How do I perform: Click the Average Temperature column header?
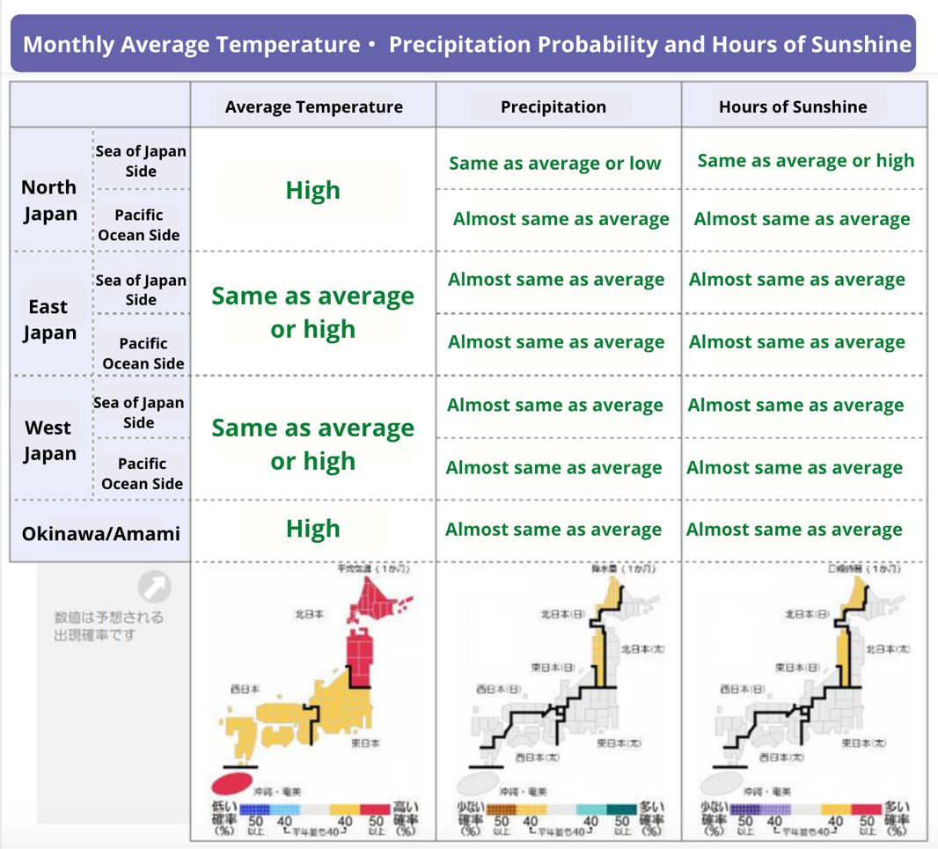tap(313, 106)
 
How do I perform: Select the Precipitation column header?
tap(553, 106)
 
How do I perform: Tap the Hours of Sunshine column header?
tap(792, 106)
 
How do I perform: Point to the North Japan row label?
tap(49, 201)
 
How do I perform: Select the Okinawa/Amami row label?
tap(100, 533)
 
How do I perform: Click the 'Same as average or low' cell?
tap(554, 163)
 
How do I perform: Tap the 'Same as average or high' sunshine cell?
tap(805, 160)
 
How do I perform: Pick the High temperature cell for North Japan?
tap(312, 190)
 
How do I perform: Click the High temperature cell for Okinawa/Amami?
tap(312, 528)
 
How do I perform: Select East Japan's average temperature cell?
tap(312, 312)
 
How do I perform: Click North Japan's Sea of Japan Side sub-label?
tap(141, 161)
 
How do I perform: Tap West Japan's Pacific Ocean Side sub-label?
tap(142, 473)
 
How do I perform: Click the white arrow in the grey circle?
tap(155, 588)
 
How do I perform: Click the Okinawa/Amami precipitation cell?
tap(553, 530)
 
